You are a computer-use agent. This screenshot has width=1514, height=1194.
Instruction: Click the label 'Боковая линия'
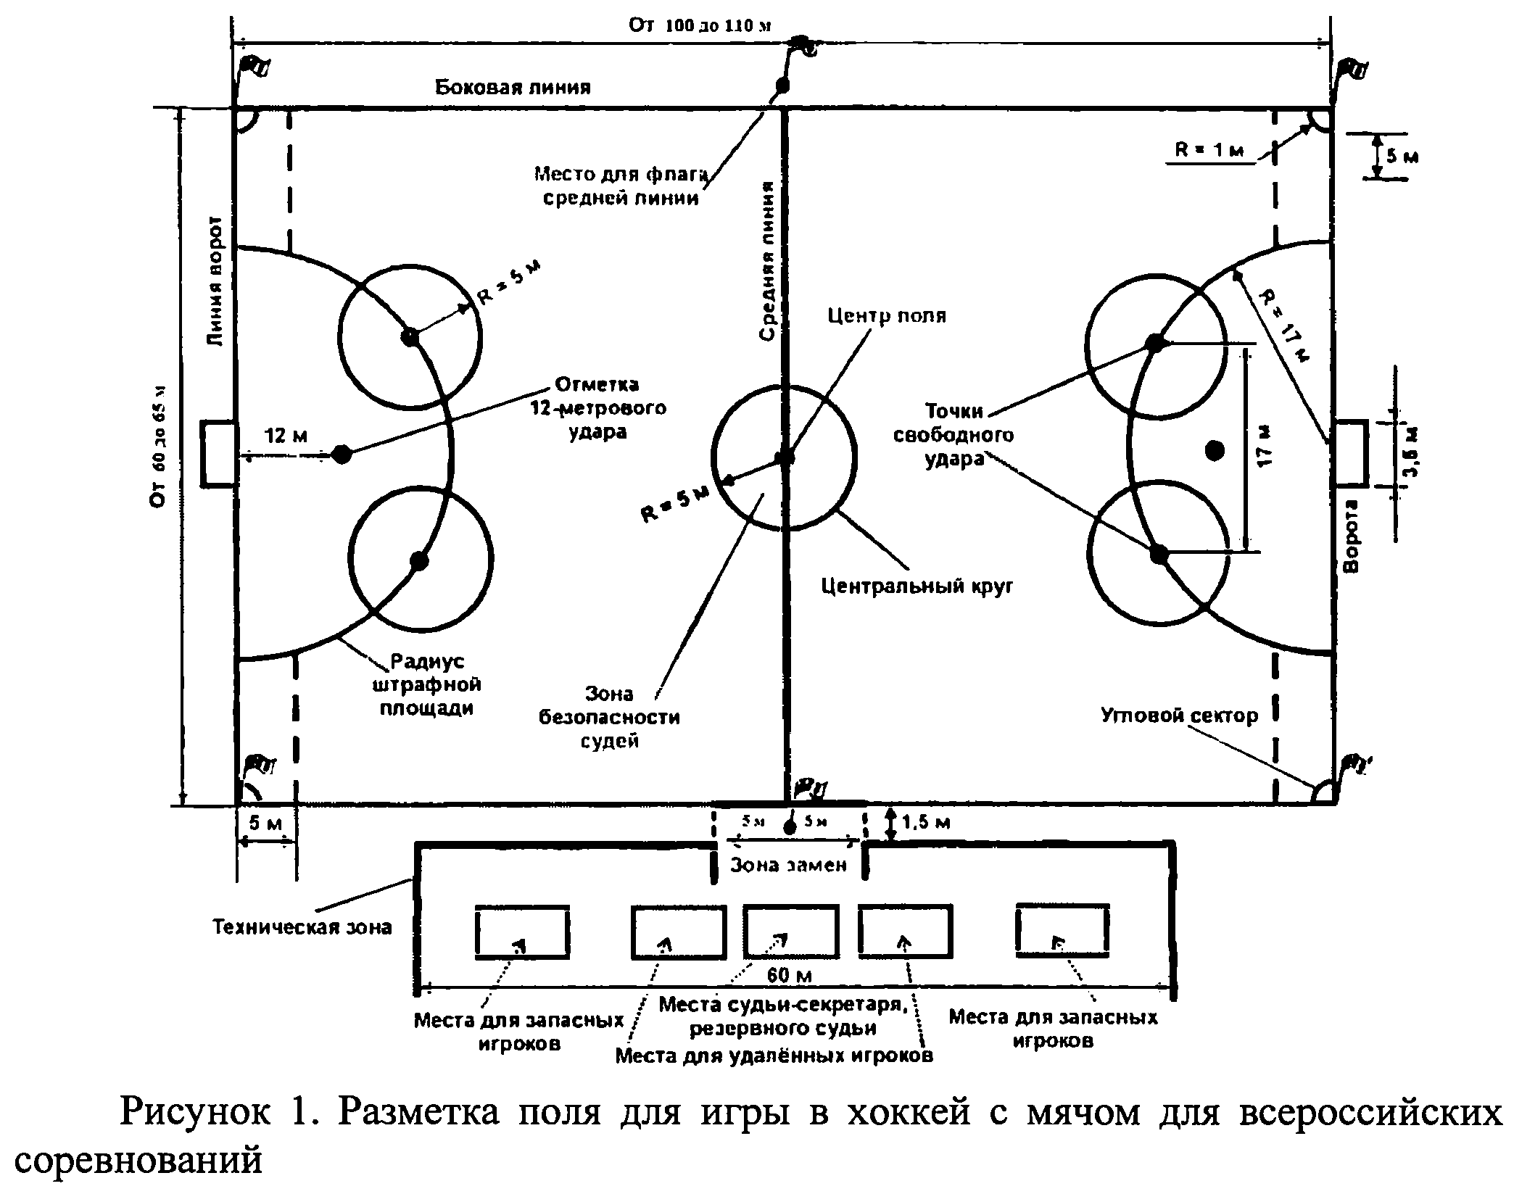click(x=513, y=88)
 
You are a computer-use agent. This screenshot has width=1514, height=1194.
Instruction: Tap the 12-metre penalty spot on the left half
click(x=342, y=455)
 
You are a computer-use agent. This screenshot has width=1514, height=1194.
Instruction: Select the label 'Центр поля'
click(x=887, y=316)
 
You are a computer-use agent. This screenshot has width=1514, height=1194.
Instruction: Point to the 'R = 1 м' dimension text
click(x=1209, y=150)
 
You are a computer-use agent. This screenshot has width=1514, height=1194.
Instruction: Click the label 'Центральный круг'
click(x=917, y=586)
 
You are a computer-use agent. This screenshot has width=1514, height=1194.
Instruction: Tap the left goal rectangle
click(x=218, y=453)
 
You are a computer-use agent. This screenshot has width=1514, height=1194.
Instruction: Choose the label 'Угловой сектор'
click(x=1180, y=716)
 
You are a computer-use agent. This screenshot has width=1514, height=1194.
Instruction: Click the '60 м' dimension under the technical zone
click(x=788, y=975)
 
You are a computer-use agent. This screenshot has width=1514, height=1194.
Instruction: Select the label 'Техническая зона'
click(x=302, y=926)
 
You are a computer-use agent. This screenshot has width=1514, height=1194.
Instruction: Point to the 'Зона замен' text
click(x=788, y=865)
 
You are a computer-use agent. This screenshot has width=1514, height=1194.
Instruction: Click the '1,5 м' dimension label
click(x=926, y=822)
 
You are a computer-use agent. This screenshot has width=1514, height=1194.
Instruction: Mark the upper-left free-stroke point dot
click(x=410, y=336)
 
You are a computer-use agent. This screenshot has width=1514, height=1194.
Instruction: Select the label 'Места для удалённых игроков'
click(x=774, y=1056)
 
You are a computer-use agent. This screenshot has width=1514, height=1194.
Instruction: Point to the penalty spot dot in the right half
click(x=1215, y=451)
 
